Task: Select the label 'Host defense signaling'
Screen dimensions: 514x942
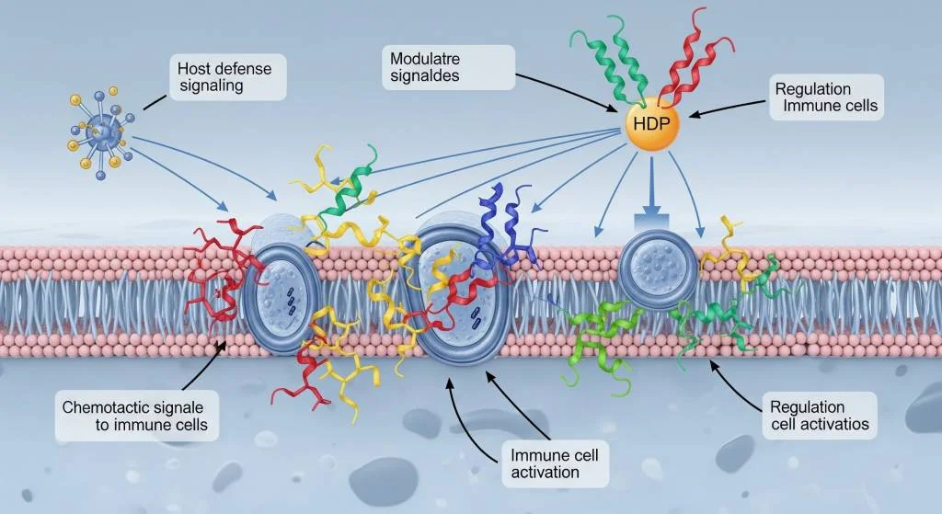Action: [x=227, y=76]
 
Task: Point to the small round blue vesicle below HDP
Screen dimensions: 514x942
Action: [x=658, y=257]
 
